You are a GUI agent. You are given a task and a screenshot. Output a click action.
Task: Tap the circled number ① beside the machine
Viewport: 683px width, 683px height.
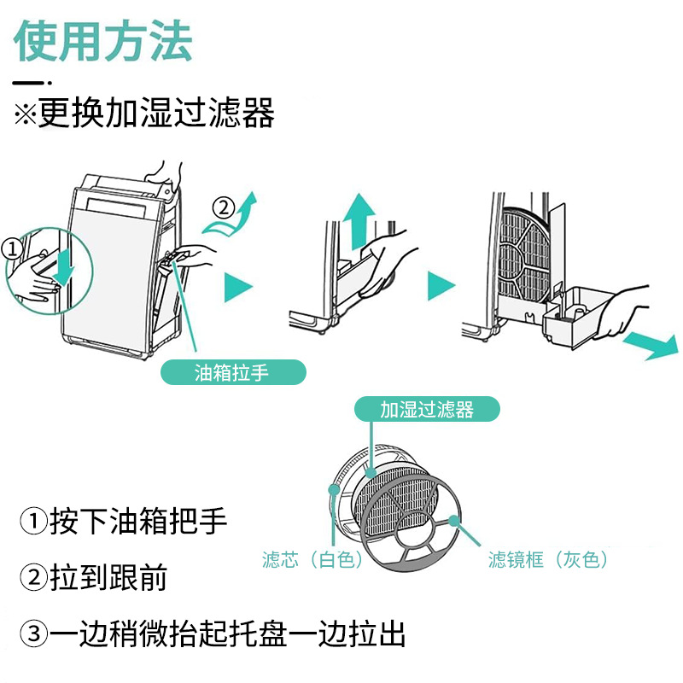click(x=11, y=248)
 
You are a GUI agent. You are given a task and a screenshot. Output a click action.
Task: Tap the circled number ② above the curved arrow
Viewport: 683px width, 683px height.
click(x=222, y=207)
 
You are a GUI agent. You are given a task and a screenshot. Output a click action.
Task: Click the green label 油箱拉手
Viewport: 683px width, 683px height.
click(x=232, y=373)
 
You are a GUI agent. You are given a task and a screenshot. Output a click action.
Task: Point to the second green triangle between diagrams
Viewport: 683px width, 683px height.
click(x=441, y=287)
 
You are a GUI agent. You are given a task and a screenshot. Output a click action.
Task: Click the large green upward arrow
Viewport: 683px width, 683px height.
click(x=362, y=219)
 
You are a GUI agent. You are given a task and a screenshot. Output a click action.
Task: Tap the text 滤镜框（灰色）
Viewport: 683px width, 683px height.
click(x=548, y=560)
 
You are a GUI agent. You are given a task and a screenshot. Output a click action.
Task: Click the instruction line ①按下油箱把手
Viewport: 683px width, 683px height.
click(x=125, y=521)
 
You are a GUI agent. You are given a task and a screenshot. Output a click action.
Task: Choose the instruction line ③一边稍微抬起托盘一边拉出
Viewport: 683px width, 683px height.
click(x=213, y=634)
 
